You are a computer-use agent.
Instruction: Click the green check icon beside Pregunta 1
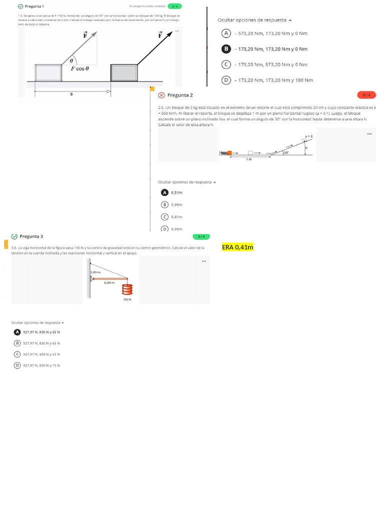(20, 6)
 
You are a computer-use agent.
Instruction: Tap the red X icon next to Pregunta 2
(161, 95)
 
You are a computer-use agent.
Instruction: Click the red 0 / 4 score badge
(366, 94)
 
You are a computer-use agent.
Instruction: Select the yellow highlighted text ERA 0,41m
(237, 247)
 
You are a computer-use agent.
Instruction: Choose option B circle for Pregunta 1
(226, 49)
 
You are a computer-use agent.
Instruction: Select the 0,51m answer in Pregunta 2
(176, 192)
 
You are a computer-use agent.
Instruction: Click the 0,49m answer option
(176, 204)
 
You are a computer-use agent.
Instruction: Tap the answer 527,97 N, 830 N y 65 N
(41, 343)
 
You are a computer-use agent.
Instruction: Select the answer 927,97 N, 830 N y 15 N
(41, 365)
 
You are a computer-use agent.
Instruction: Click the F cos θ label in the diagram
(79, 69)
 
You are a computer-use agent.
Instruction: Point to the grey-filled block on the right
(124, 73)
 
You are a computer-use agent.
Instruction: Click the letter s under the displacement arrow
(71, 94)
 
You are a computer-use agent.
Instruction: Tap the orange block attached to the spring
(229, 152)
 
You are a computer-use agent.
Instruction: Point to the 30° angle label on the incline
(286, 152)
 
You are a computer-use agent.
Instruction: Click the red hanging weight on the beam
(127, 290)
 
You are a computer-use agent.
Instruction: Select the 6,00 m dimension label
(109, 282)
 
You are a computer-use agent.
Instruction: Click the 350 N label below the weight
(127, 299)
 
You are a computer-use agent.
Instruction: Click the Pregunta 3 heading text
(31, 236)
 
